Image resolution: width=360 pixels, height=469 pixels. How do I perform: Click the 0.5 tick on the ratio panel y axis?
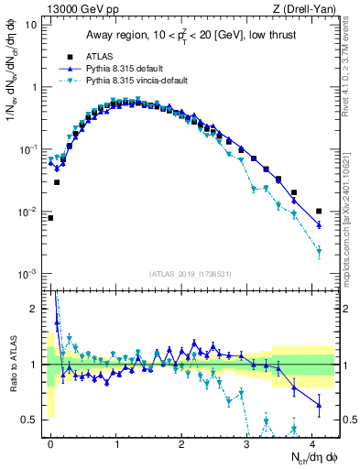pyautogui.click(x=31, y=420)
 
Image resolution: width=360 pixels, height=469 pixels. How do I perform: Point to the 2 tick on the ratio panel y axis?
pyautogui.click(x=35, y=309)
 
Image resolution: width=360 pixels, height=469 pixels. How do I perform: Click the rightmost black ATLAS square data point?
pyautogui.click(x=319, y=212)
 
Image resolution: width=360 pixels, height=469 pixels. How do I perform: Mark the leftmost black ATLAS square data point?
pyautogui.click(x=50, y=218)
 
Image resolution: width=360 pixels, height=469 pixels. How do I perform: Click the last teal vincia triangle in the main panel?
pyautogui.click(x=319, y=250)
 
